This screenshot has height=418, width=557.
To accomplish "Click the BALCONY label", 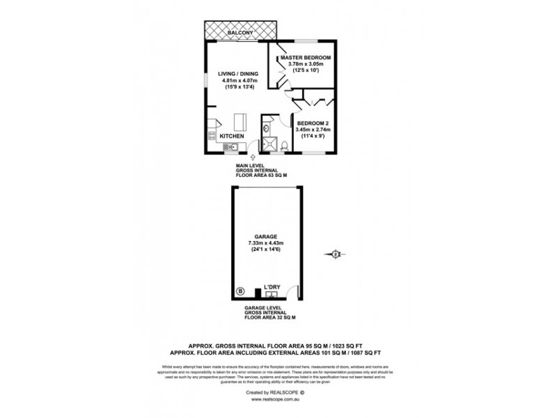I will (x=242, y=32).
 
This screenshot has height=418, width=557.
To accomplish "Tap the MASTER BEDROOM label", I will (x=305, y=57).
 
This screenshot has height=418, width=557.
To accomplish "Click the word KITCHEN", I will (x=233, y=136).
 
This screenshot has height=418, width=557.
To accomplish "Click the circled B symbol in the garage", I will (x=241, y=291).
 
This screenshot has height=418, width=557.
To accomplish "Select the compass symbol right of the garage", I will (x=336, y=254).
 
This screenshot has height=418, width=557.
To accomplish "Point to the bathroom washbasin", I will (x=267, y=129).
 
